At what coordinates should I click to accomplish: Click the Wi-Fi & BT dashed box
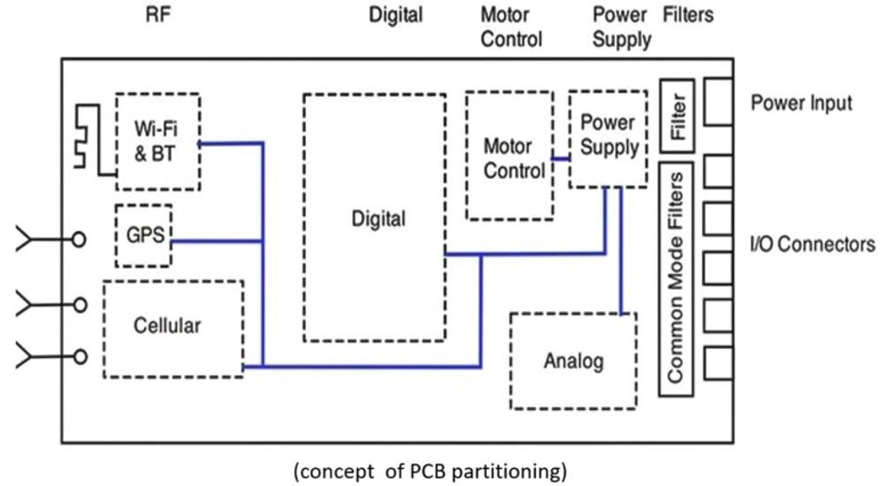(158, 140)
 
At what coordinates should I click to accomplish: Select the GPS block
(143, 235)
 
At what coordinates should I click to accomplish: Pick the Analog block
(573, 361)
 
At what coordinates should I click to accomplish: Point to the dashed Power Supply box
(608, 136)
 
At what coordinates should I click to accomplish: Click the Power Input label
(801, 103)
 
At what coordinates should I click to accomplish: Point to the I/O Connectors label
(812, 245)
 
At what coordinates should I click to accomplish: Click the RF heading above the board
(158, 15)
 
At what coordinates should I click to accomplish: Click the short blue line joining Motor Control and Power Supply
(560, 158)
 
